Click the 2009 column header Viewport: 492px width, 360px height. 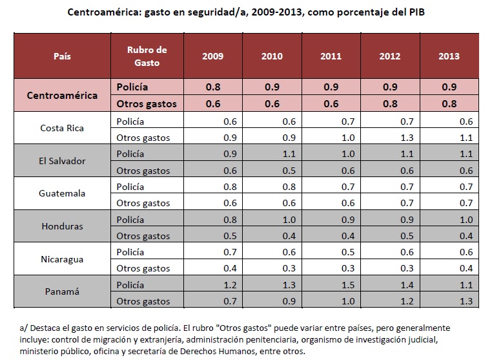pyautogui.click(x=213, y=56)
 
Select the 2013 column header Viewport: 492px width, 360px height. pyautogui.click(x=449, y=56)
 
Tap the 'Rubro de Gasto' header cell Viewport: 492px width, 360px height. pyautogui.click(x=148, y=56)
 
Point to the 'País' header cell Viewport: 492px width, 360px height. pyautogui.click(x=63, y=56)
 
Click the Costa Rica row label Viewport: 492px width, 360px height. pyautogui.click(x=63, y=128)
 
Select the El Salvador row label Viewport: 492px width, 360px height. pyautogui.click(x=63, y=161)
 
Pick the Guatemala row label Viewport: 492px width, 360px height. pyautogui.click(x=63, y=193)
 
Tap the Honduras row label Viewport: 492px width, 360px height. pyautogui.click(x=63, y=226)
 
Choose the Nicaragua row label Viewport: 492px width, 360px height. pyautogui.click(x=63, y=259)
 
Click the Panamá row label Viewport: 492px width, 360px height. pyautogui.click(x=63, y=291)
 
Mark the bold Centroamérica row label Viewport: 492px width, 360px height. pyautogui.click(x=63, y=95)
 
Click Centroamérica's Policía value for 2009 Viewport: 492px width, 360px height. pyautogui.click(x=213, y=87)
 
